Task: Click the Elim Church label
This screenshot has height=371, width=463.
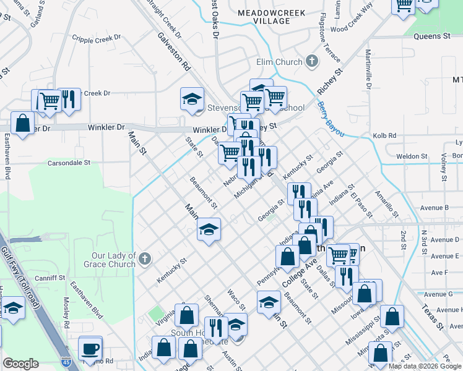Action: (x=279, y=62)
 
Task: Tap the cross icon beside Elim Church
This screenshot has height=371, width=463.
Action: (x=312, y=61)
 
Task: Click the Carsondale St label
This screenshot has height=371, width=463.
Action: (x=69, y=163)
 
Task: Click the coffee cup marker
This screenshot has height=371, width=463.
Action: (x=90, y=348)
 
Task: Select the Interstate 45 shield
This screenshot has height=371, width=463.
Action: (x=66, y=358)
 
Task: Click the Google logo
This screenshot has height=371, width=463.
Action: (x=21, y=363)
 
